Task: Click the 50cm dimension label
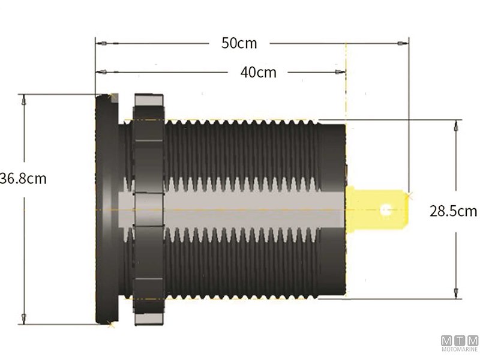[x=239, y=43]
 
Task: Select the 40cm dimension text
[x=258, y=72]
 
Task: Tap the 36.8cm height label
[x=23, y=178]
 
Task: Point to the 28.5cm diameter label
[x=453, y=211]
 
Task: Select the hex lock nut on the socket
[x=148, y=210]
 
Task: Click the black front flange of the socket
[x=107, y=210]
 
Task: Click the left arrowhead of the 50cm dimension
[x=103, y=44]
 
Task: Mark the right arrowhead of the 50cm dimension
[x=401, y=44]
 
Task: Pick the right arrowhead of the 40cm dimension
[x=339, y=72]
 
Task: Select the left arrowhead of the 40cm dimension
[x=103, y=72]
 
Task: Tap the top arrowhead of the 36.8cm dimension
[x=23, y=101]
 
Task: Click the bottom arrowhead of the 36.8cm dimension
[x=23, y=316]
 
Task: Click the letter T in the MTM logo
[x=460, y=340]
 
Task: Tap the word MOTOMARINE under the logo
[x=460, y=349]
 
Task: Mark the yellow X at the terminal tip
[x=410, y=196]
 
